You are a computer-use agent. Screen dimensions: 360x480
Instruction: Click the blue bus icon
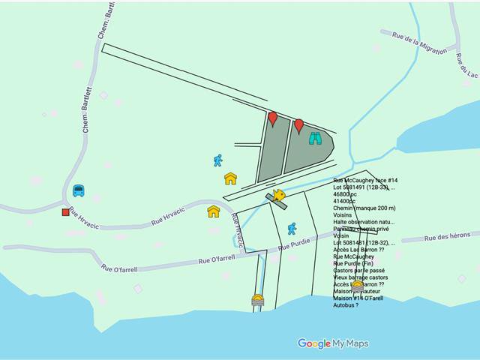(79, 190)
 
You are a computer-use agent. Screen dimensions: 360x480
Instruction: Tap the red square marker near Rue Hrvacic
(66, 212)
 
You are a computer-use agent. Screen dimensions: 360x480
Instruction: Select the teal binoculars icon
(315, 138)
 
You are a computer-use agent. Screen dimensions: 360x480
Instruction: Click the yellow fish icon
(279, 196)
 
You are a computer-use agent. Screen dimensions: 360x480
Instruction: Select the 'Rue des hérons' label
(447, 237)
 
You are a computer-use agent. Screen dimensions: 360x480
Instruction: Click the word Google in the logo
(314, 344)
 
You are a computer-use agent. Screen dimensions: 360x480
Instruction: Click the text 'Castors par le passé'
(361, 271)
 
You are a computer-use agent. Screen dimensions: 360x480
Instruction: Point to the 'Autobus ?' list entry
(346, 305)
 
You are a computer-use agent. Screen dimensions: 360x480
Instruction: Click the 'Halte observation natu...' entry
(364, 222)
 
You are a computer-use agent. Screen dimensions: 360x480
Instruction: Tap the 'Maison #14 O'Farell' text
(358, 298)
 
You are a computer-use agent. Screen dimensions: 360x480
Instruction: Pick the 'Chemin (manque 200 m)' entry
(364, 208)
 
